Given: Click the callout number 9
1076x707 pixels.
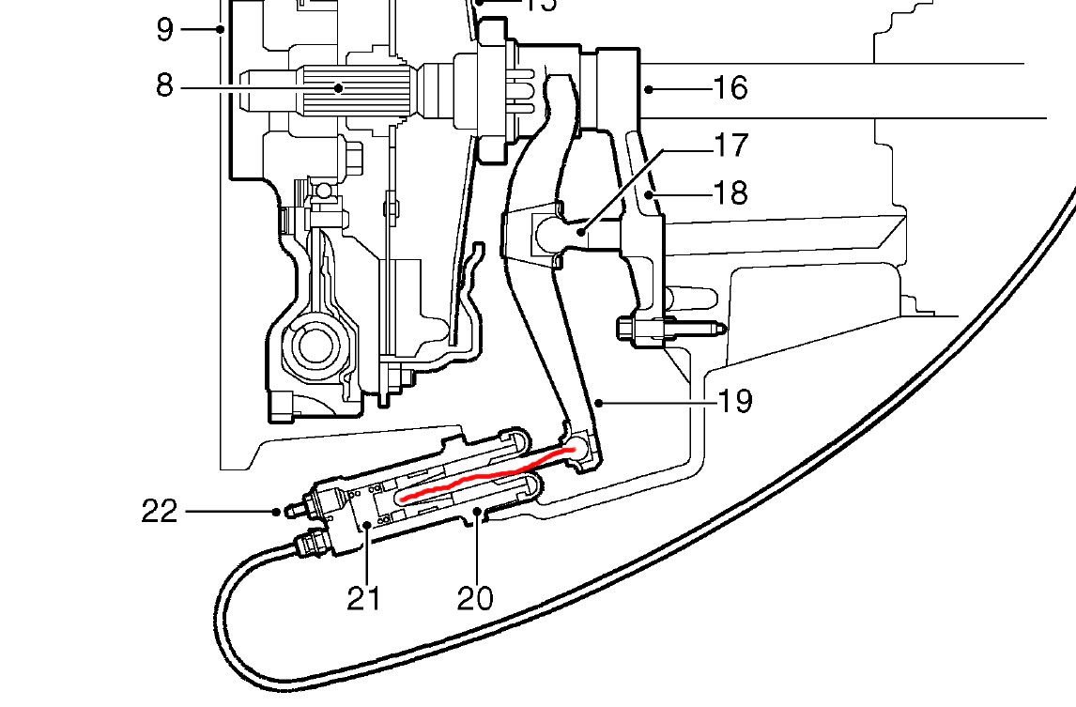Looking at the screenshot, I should pos(164,30).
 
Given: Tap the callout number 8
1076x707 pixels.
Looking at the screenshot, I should pos(164,87).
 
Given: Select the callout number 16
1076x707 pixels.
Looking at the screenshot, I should pos(730,88).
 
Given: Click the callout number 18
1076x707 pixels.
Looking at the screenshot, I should pos(730,193).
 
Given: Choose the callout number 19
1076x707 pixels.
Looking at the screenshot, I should pos(735,402).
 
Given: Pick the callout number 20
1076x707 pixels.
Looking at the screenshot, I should pos(475,597).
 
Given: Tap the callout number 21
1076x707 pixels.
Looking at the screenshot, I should pos(363,597).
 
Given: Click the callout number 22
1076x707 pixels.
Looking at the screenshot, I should pos(160,512).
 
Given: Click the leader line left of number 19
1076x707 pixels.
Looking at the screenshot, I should pos(657,404).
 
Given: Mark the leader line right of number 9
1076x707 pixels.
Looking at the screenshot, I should pos(200,29).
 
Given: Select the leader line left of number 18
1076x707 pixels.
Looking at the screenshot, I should pos(681,194).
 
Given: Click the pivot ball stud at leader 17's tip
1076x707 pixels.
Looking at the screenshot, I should pos(563,230).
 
